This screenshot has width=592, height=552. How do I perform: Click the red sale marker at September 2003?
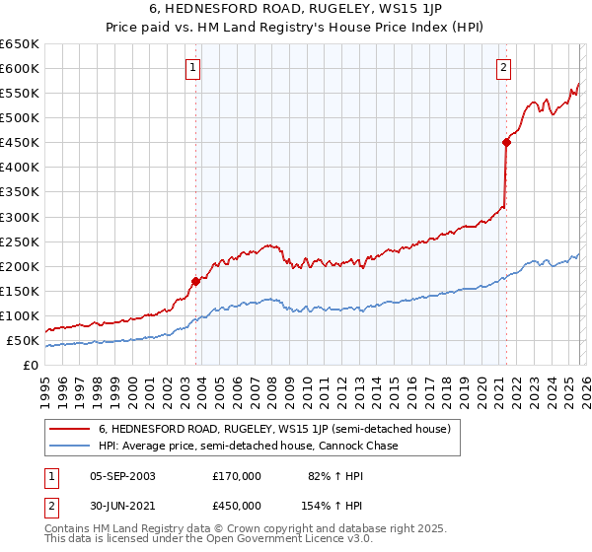click(x=195, y=281)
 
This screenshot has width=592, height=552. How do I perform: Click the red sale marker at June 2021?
click(x=506, y=142)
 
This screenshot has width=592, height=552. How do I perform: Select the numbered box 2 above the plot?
click(x=503, y=68)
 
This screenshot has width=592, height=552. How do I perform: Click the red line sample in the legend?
click(x=69, y=429)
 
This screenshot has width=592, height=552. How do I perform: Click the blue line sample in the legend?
click(x=69, y=446)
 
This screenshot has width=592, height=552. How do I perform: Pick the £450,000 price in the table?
click(x=237, y=506)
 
